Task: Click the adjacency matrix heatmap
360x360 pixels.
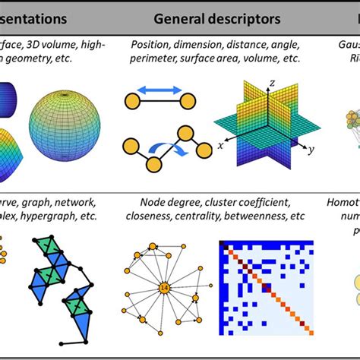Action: [266, 287]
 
